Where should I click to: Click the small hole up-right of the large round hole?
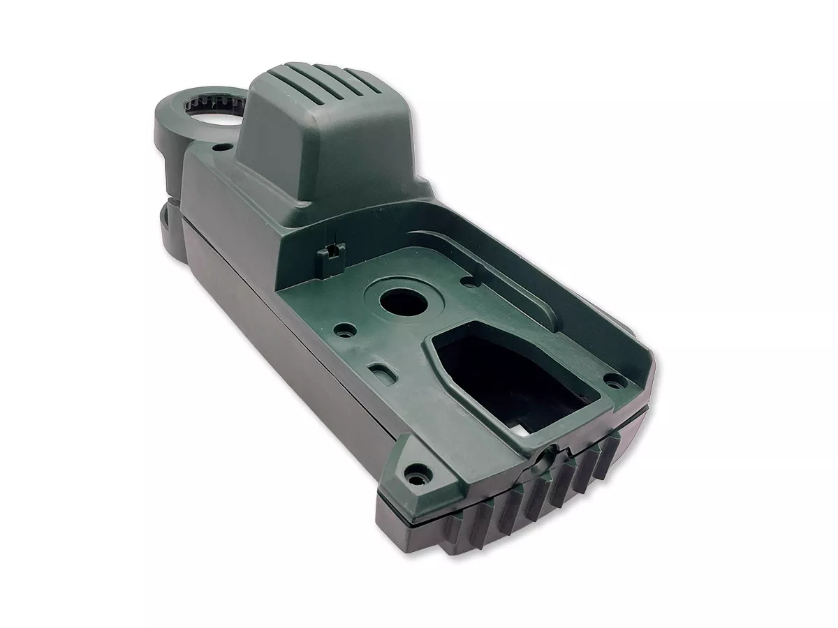coord(466,281)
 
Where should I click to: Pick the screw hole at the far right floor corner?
coord(615,380)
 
